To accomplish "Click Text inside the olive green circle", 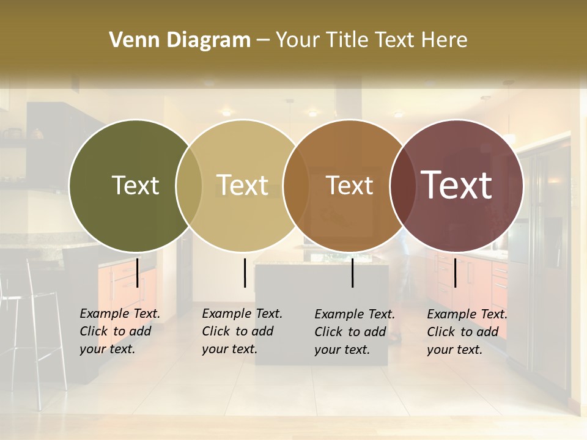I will tap(135, 185).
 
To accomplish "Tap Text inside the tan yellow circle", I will tap(242, 185).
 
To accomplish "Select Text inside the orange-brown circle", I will tap(349, 186).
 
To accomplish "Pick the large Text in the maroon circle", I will tap(457, 185).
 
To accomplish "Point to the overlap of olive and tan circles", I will tap(189, 185).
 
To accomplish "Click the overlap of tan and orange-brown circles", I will tap(296, 185).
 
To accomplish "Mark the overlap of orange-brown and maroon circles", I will tap(402, 185).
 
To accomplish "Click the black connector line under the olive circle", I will tap(138, 273).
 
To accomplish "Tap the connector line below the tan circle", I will tap(245, 273).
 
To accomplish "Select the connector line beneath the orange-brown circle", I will tap(352, 273).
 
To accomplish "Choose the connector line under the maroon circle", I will tap(455, 273).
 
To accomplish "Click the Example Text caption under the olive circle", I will tap(119, 331).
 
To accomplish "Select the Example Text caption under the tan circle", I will tap(242, 331).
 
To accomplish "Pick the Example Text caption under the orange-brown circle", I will tap(354, 332).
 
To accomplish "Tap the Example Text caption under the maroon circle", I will tap(467, 332).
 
